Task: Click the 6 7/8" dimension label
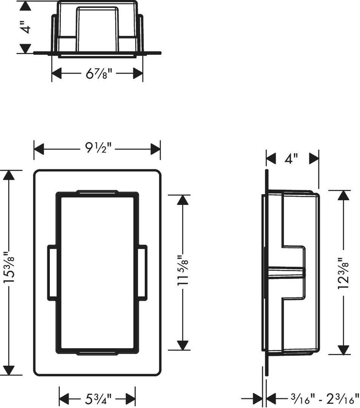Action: pyautogui.click(x=99, y=74)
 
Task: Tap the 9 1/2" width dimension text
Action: pyautogui.click(x=98, y=148)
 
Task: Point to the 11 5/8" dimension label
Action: pyautogui.click(x=183, y=272)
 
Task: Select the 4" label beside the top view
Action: pyautogui.click(x=26, y=27)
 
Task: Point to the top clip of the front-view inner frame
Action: pyautogui.click(x=97, y=192)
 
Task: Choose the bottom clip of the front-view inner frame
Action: pyautogui.click(x=97, y=352)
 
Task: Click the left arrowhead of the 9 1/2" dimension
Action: pyautogui.click(x=39, y=149)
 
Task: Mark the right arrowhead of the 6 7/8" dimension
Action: pyautogui.click(x=138, y=74)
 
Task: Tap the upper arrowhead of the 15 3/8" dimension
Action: pyautogui.click(x=9, y=175)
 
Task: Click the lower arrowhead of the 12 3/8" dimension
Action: pyautogui.click(x=343, y=349)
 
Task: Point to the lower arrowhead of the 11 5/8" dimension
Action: pyautogui.click(x=183, y=345)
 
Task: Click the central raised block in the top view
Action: pyautogui.click(x=97, y=29)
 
